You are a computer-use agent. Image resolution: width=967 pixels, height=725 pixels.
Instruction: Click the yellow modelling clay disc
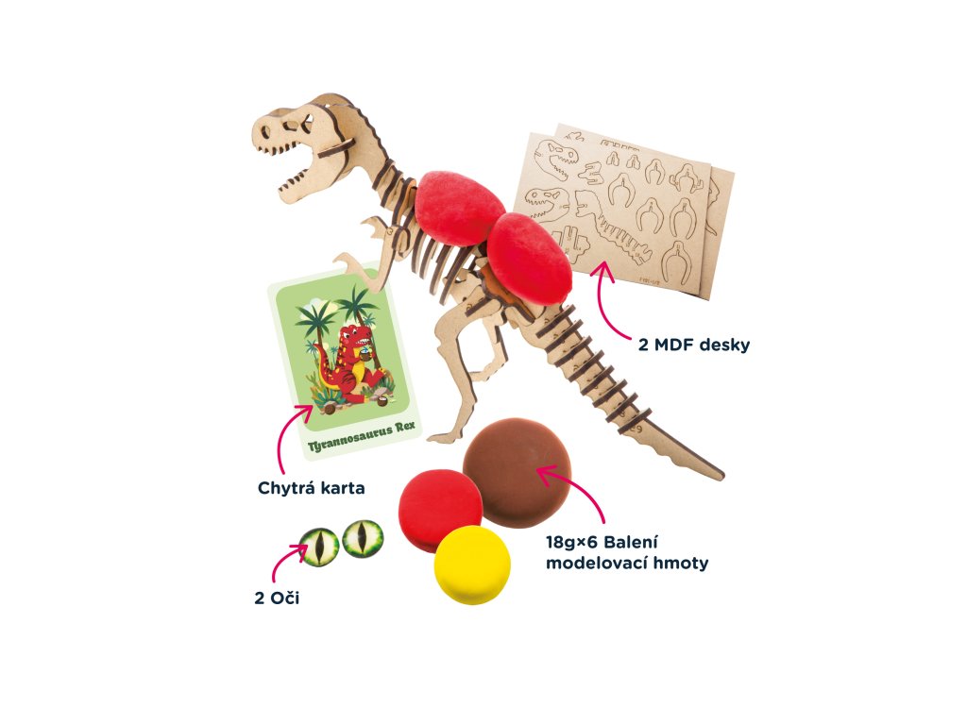472,565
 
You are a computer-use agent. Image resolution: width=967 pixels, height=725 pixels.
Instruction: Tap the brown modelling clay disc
517,472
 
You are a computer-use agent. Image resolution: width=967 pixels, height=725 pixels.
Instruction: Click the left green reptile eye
318,547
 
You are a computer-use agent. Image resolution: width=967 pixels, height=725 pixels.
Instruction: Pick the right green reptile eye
363,538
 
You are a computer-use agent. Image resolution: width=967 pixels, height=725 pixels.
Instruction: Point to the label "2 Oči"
277,599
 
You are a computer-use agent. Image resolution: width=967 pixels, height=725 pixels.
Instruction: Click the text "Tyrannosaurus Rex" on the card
347,436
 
